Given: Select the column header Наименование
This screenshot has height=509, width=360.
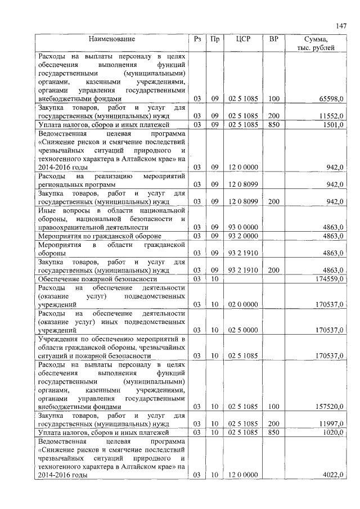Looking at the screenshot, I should click(x=111, y=39).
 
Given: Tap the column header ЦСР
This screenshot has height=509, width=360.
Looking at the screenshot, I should click(x=243, y=39).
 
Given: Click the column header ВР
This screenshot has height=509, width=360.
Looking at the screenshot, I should click(x=273, y=39).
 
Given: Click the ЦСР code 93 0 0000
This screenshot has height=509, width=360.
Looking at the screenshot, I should click(x=243, y=227).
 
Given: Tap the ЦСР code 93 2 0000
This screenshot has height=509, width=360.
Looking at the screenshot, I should click(x=243, y=236).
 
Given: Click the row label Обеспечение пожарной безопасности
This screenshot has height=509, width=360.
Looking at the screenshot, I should click(x=97, y=279).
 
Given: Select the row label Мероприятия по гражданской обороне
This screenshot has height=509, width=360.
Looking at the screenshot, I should click(x=100, y=236).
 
